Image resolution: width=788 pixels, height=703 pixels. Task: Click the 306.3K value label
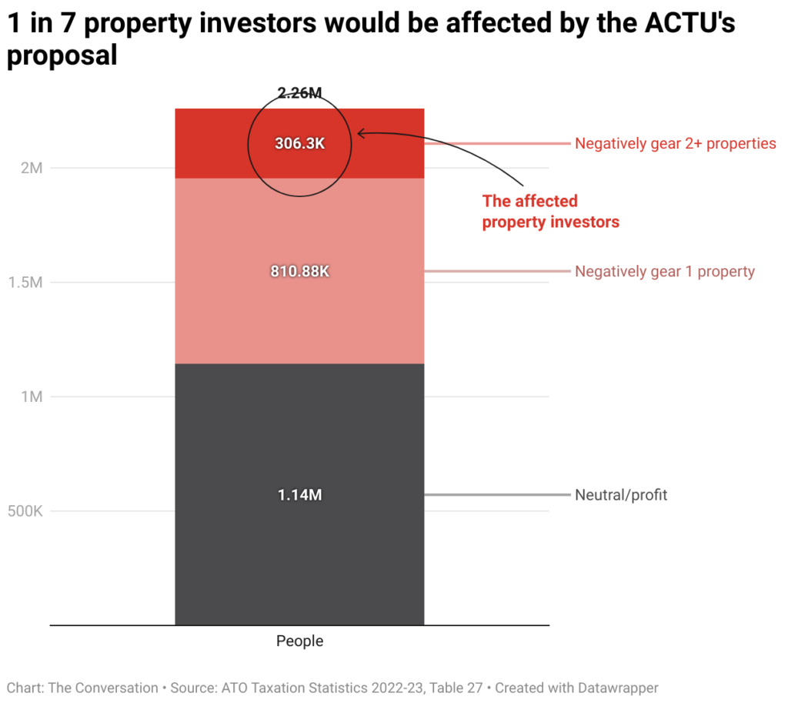(299, 143)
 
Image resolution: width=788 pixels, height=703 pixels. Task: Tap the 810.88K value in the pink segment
(299, 271)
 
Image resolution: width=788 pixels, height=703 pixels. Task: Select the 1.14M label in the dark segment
(299, 495)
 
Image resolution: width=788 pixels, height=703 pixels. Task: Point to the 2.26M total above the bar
(299, 93)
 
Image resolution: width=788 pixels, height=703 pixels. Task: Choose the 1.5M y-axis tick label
(26, 282)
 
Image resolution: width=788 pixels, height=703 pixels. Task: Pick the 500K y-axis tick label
(25, 511)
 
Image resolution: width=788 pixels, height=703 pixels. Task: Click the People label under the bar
(299, 641)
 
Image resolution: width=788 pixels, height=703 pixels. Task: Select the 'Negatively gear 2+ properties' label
(675, 143)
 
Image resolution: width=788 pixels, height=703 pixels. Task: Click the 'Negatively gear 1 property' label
(664, 271)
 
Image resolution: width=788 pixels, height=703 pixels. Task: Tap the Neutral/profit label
(621, 495)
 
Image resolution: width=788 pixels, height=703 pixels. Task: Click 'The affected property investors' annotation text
(549, 212)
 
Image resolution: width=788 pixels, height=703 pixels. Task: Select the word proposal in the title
(62, 55)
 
